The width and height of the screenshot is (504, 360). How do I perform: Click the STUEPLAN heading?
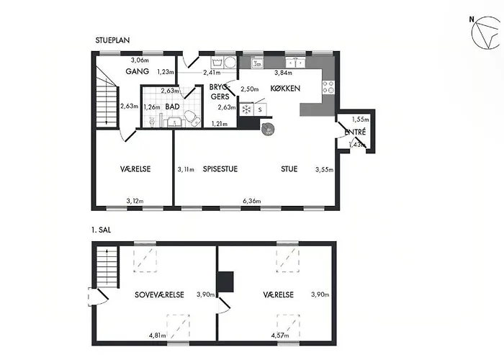pyautogui.click(x=112, y=40)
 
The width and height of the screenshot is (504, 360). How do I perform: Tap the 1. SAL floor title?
pyautogui.click(x=101, y=230)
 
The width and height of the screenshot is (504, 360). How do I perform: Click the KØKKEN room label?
pyautogui.click(x=285, y=89)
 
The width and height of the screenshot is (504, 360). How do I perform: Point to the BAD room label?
pyautogui.click(x=172, y=107)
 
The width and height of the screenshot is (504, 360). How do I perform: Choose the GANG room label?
pyautogui.click(x=138, y=71)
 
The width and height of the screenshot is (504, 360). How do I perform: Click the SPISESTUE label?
pyautogui.click(x=220, y=169)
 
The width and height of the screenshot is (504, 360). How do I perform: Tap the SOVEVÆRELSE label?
pyautogui.click(x=159, y=294)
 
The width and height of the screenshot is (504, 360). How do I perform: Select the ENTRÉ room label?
pyautogui.click(x=355, y=132)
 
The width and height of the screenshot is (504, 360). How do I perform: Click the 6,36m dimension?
pyautogui.click(x=252, y=201)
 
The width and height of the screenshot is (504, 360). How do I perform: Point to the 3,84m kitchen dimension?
pyautogui.click(x=283, y=73)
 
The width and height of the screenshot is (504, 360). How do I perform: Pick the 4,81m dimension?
pyautogui.click(x=158, y=336)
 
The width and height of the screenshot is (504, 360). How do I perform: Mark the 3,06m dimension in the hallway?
pyautogui.click(x=140, y=60)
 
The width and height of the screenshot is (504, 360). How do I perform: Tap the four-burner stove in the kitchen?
pyautogui.click(x=328, y=87)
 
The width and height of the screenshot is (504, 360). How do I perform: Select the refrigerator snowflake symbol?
pyautogui.click(x=246, y=109)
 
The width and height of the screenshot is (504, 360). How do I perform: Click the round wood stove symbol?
pyautogui.click(x=268, y=129)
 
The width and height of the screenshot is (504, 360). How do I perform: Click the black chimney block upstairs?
pyautogui.click(x=225, y=282)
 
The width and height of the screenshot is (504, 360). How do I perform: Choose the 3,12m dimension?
pyautogui.click(x=135, y=201)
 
